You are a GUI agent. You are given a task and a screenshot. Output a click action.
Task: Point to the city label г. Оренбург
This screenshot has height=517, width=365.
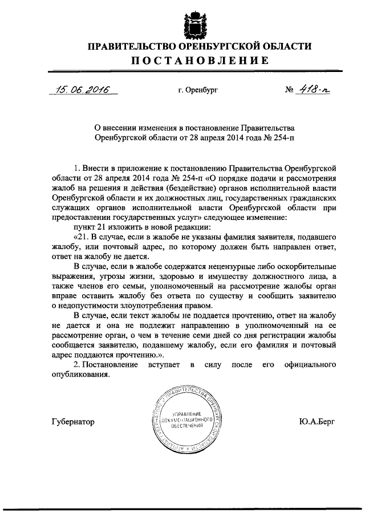(198, 90)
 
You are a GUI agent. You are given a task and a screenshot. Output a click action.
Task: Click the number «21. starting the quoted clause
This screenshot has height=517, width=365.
(82, 238)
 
